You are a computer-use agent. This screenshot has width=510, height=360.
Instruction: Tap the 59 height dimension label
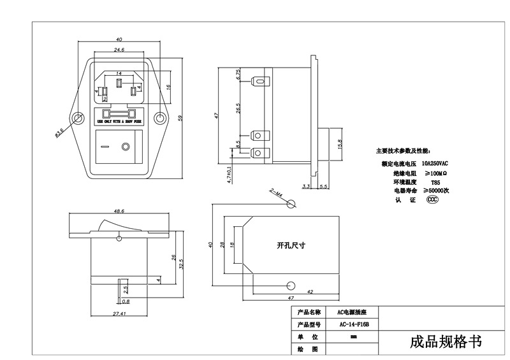(x=180, y=117)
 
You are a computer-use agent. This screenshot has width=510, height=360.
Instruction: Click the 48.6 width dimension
(x=119, y=210)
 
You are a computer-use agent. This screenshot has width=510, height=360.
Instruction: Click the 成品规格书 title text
(x=446, y=342)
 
